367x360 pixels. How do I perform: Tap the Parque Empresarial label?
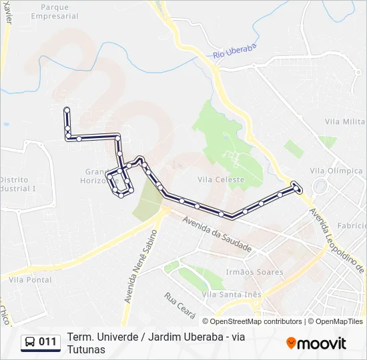(x=59, y=11)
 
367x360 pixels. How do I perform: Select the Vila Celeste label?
(x=221, y=179)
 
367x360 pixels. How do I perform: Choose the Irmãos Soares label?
(x=254, y=272)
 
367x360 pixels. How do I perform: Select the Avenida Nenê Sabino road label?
(x=139, y=267)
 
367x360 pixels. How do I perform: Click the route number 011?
(x=48, y=342)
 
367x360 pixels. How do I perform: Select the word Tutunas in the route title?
(x=86, y=349)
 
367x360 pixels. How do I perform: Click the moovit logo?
(x=316, y=343)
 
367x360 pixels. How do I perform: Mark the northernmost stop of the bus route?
(x=66, y=109)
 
